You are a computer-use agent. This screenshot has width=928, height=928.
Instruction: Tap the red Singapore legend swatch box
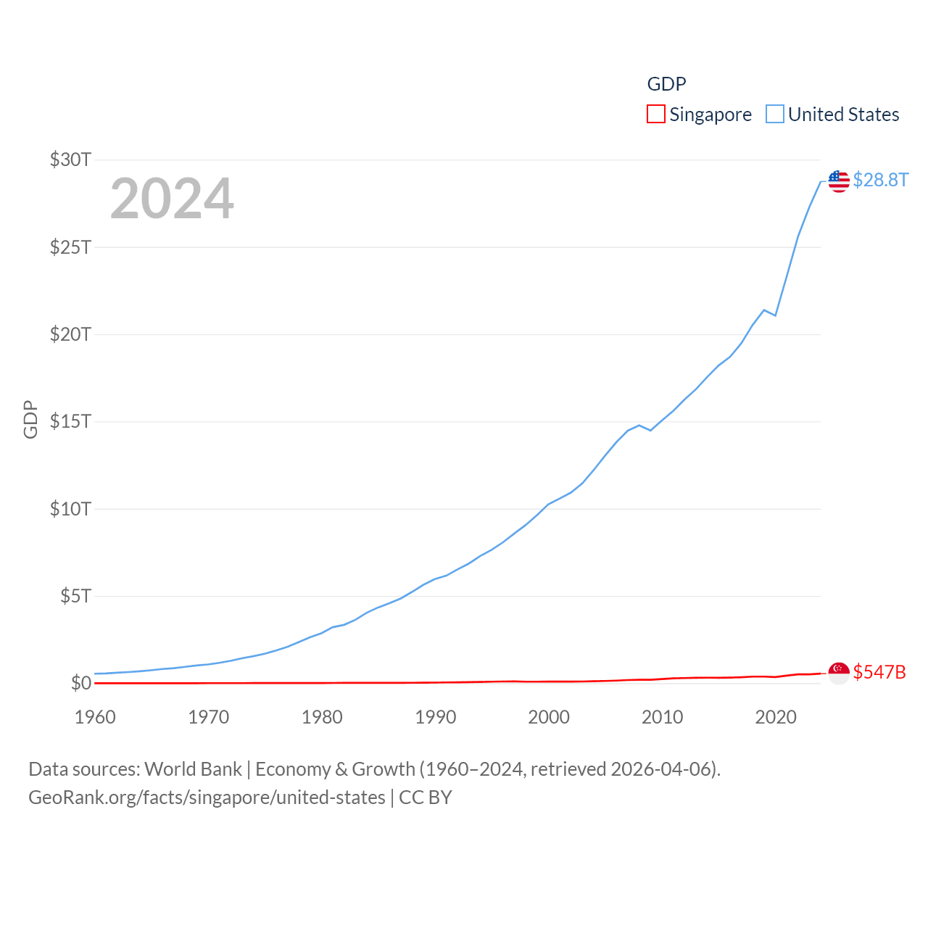tap(656, 115)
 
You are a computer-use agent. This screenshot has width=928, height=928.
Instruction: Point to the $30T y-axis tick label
tap(70, 159)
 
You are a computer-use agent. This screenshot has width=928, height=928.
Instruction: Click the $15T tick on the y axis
tap(70, 421)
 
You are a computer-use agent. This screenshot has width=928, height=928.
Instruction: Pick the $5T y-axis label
tap(75, 596)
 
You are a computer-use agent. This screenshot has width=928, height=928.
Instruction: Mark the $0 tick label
tap(81, 683)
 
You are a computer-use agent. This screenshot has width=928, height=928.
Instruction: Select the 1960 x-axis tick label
tap(95, 717)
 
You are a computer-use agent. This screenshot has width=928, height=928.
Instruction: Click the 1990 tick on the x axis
tap(436, 717)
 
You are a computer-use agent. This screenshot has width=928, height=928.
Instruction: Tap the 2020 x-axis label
tap(776, 717)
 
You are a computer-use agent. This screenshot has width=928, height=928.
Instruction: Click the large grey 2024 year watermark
tap(172, 198)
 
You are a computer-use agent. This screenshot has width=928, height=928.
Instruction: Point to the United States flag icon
tap(839, 181)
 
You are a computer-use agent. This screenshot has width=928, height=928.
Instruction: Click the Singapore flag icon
tap(839, 673)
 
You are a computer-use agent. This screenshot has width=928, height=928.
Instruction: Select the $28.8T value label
tap(880, 180)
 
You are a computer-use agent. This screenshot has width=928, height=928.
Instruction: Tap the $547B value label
tap(879, 672)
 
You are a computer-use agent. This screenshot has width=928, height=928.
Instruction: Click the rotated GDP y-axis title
tap(30, 419)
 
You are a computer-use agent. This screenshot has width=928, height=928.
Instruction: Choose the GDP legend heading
tap(666, 84)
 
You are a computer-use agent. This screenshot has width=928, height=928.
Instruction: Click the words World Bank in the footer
tap(193, 768)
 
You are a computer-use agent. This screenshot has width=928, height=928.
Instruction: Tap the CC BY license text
tap(426, 797)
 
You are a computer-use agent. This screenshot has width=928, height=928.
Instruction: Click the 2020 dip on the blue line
tap(776, 315)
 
